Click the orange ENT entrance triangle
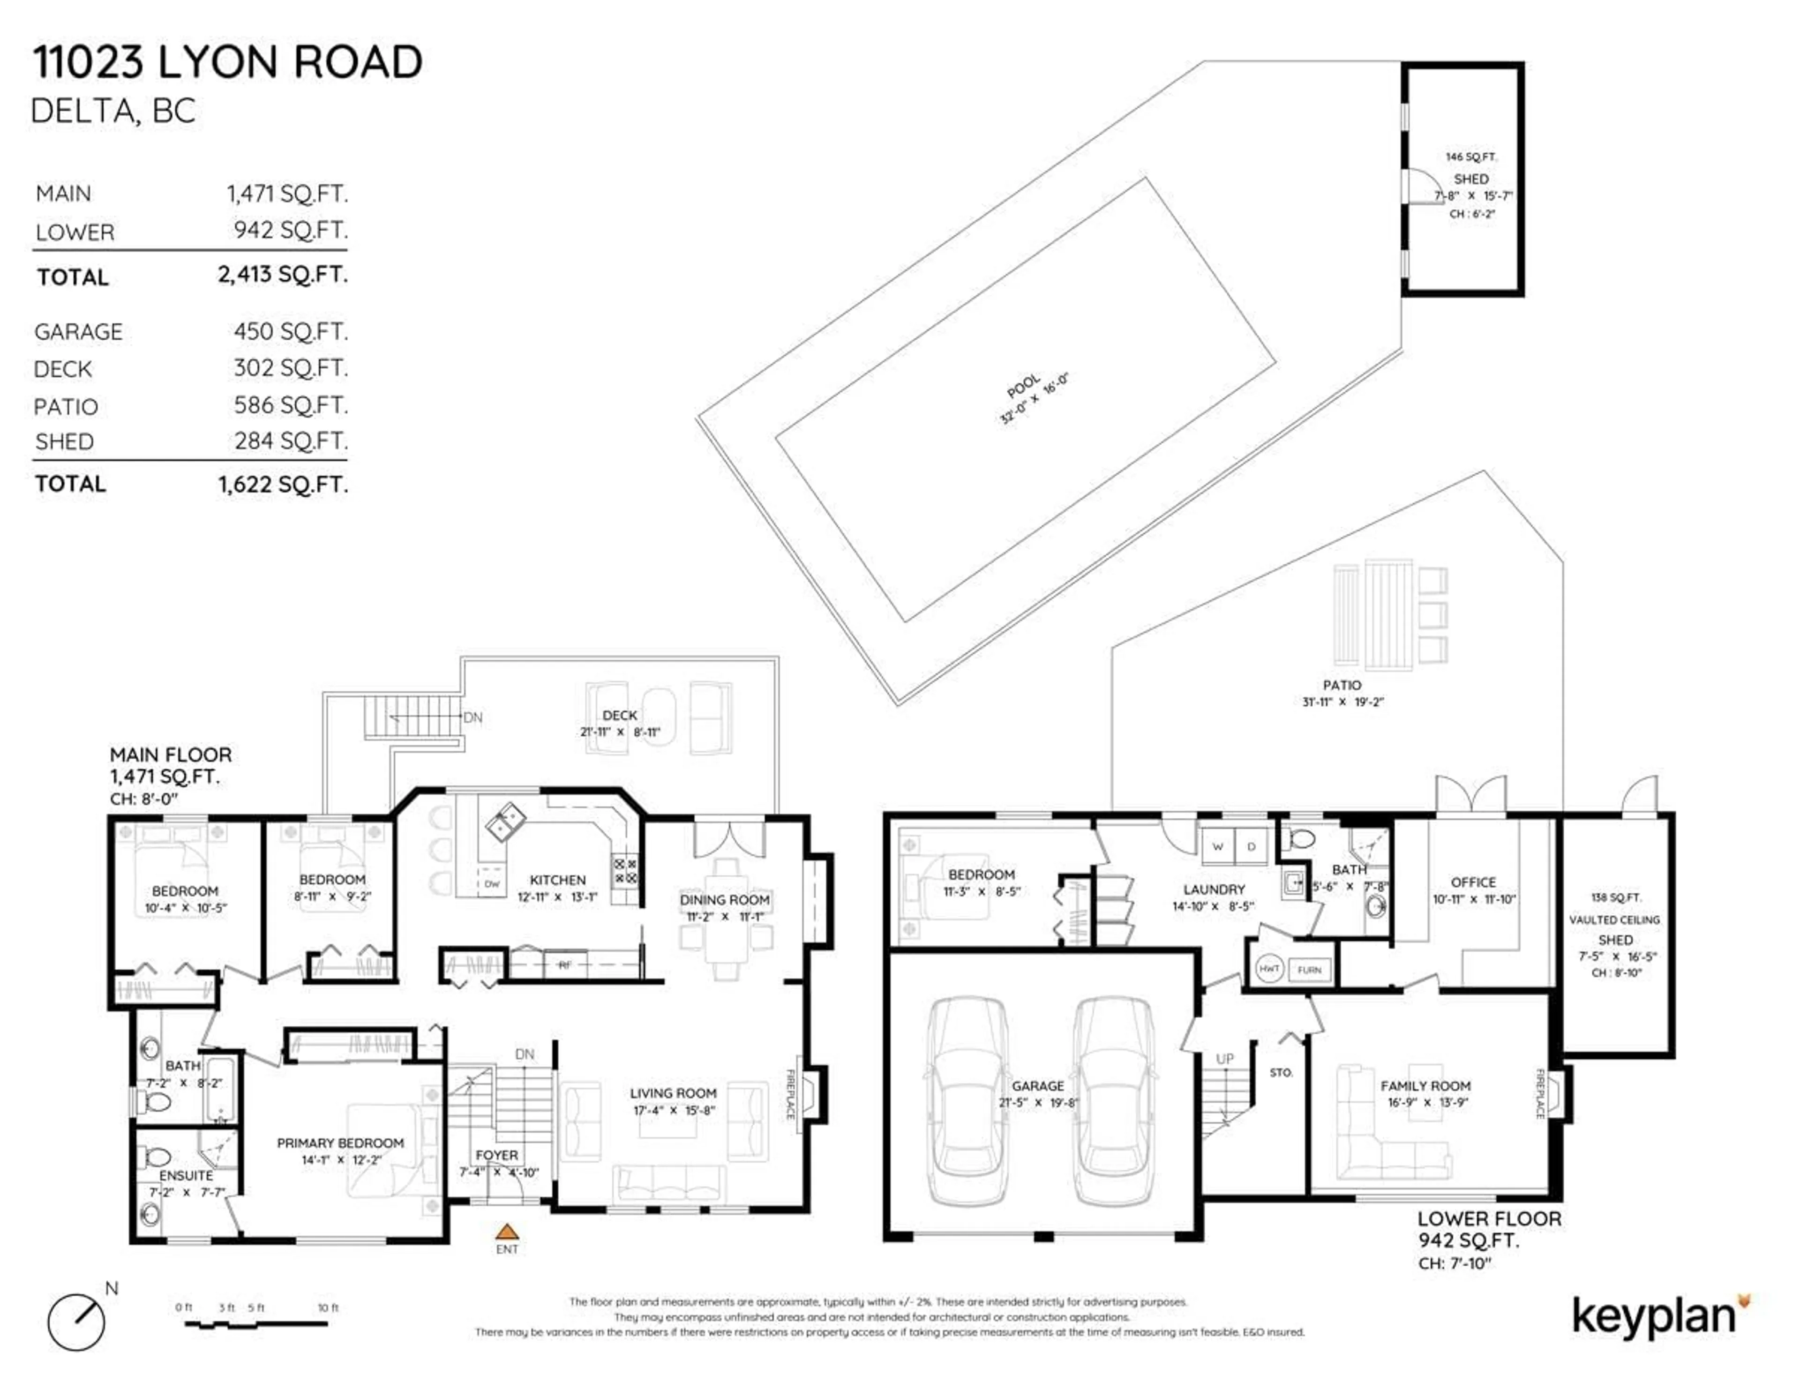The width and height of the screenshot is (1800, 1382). pos(507,1232)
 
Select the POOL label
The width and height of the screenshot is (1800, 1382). pos(1023,386)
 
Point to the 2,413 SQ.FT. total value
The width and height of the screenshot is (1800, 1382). pos(282,274)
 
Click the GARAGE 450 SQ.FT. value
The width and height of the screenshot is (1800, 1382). pos(291,331)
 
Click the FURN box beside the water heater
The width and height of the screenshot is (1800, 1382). pos(1309,970)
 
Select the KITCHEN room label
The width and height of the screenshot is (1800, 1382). pos(558,879)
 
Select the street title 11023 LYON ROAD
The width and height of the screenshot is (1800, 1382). pos(227,62)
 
